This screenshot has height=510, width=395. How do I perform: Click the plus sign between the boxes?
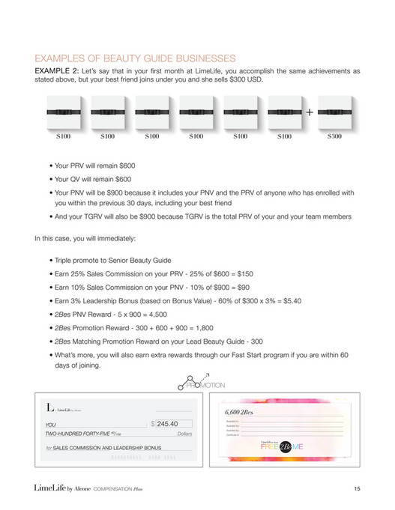(310, 112)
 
